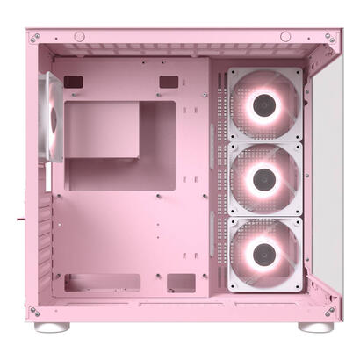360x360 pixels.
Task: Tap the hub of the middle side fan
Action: (264, 180)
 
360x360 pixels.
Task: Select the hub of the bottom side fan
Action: (264, 254)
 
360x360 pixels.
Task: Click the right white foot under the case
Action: (314, 327)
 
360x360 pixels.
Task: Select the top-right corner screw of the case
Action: (328, 38)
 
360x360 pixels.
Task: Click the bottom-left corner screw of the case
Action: (34, 311)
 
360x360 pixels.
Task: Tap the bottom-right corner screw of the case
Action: (328, 311)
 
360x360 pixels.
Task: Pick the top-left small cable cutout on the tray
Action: (74, 82)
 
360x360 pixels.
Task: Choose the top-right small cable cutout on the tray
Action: (168, 82)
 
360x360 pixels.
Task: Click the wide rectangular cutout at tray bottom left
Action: (102, 283)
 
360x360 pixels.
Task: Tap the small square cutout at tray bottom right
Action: (181, 283)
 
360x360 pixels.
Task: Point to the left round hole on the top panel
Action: (79, 36)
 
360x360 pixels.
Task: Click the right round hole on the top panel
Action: (285, 36)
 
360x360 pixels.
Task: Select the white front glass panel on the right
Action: (327, 176)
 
